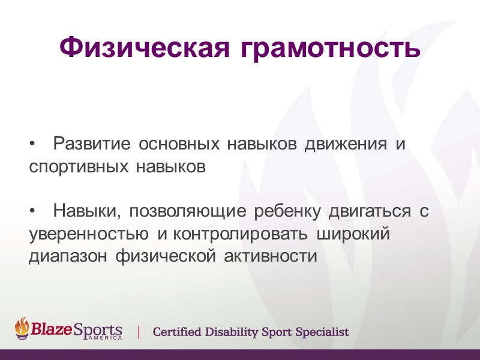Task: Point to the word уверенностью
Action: coord(89,234)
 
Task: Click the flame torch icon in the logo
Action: coord(23,328)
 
